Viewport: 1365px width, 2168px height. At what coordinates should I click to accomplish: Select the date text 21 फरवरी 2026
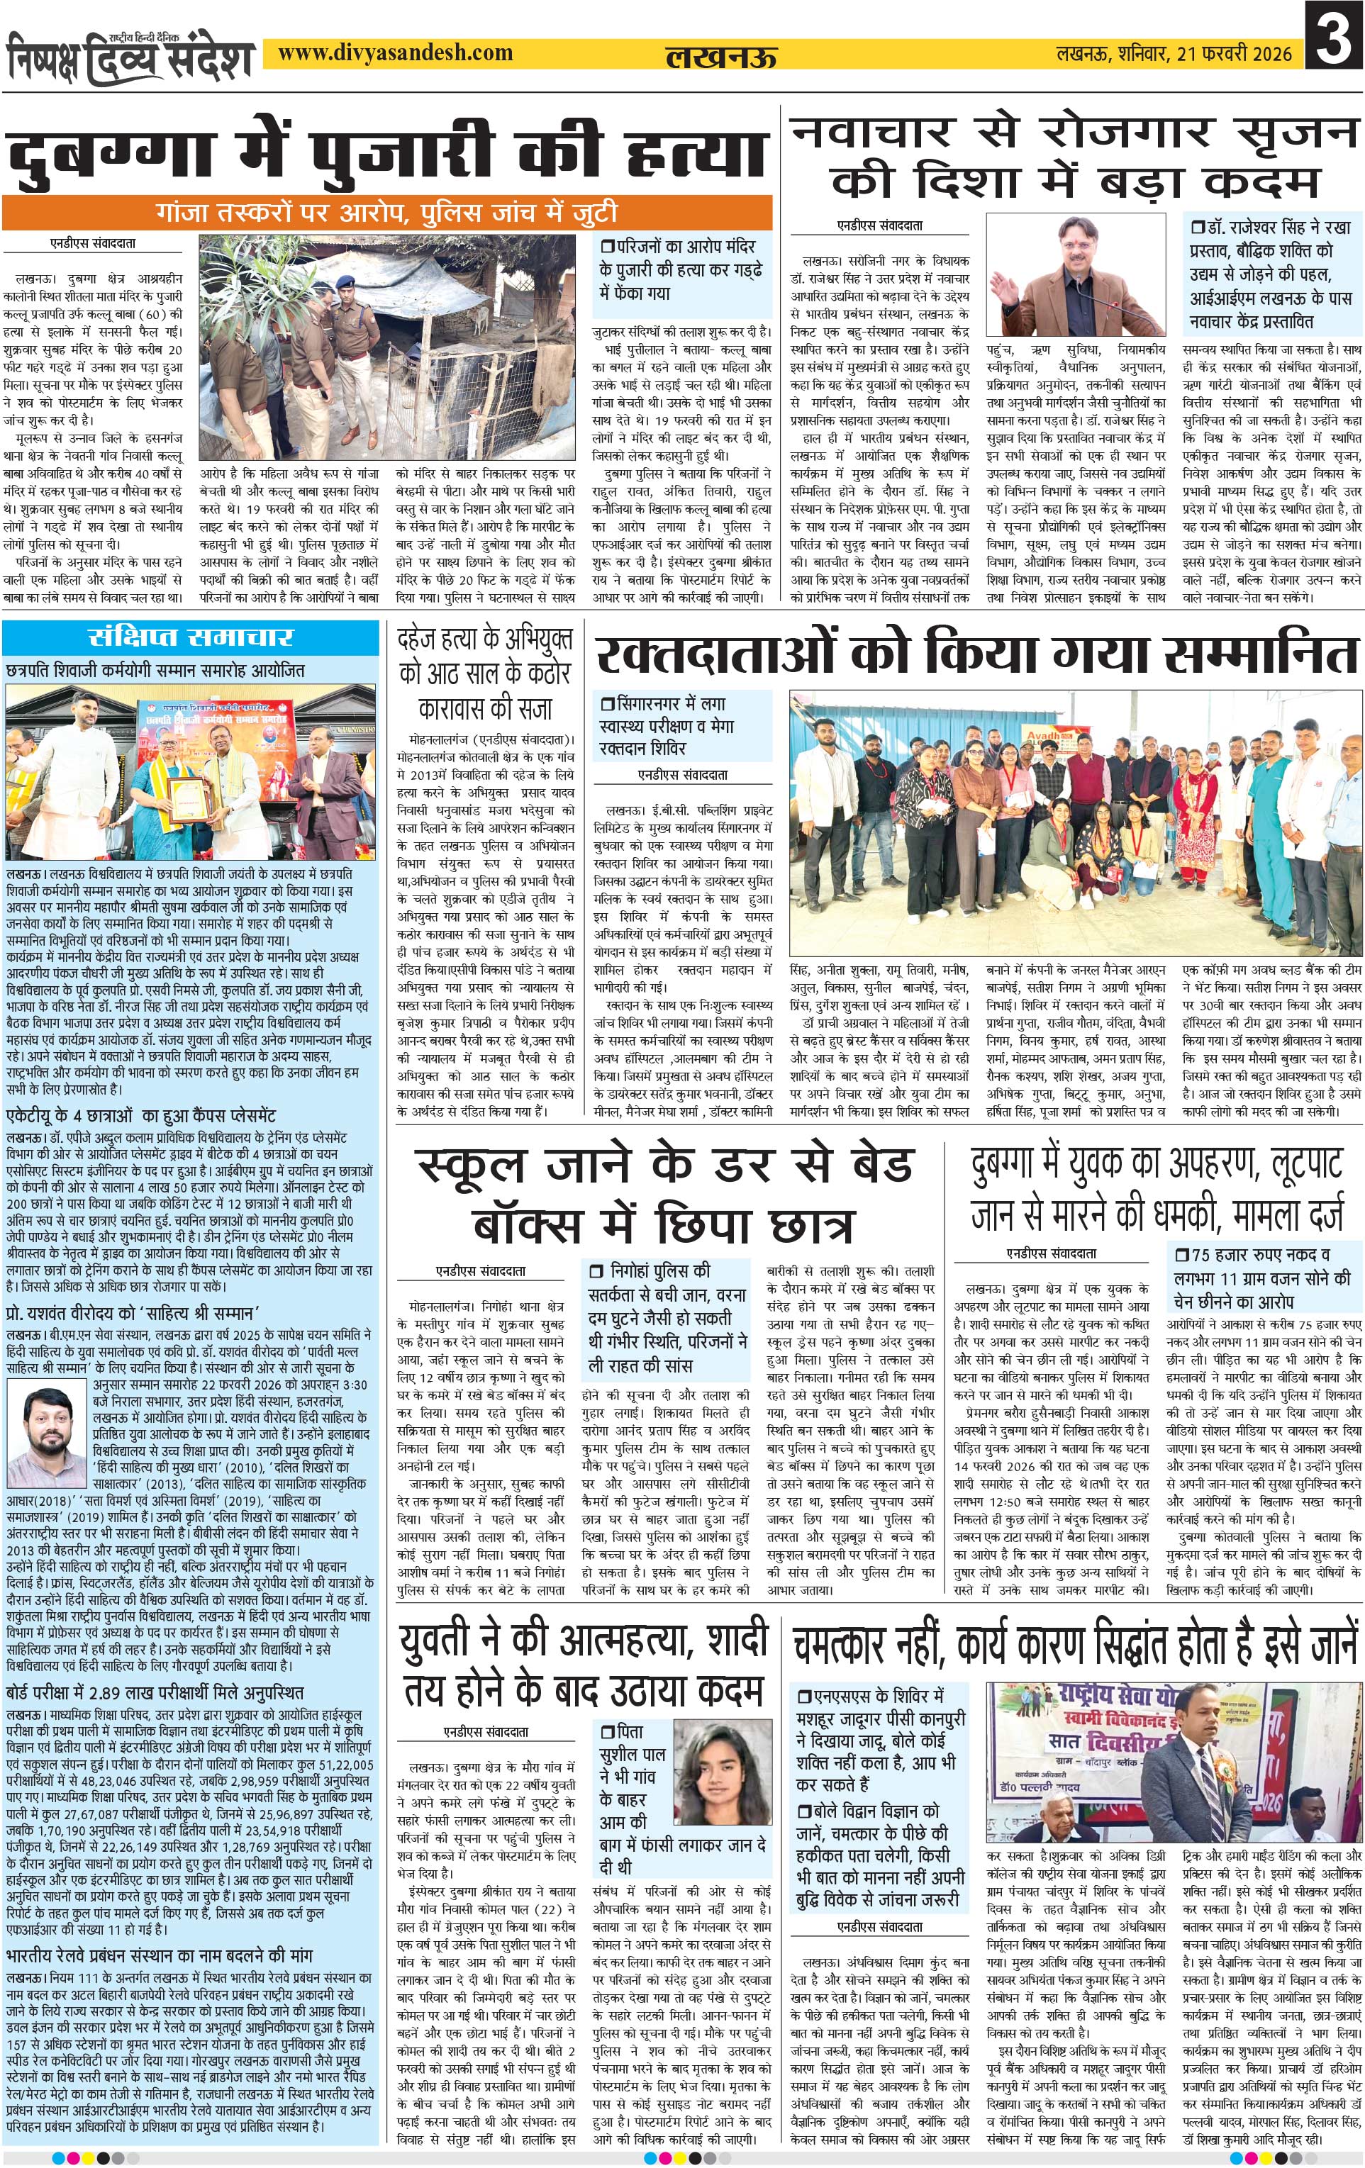coord(1234,54)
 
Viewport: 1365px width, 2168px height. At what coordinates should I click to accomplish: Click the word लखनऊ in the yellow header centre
coord(720,57)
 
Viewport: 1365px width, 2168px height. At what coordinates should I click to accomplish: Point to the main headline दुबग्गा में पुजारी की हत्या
coord(387,155)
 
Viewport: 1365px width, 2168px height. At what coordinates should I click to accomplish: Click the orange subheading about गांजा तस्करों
coord(387,213)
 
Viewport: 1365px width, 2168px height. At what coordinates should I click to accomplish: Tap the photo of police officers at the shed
coord(293,347)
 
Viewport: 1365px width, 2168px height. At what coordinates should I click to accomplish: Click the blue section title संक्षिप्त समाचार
coord(191,637)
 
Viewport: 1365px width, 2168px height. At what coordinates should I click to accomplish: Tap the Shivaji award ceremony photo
coord(191,773)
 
